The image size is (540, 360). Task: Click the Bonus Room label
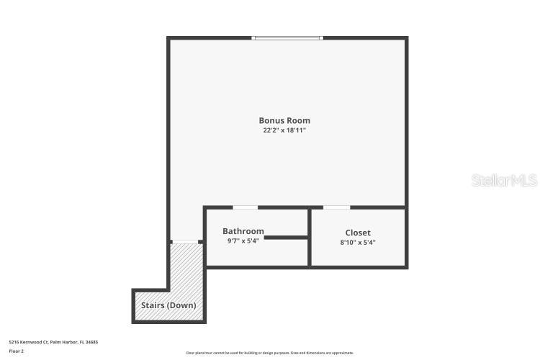[x=284, y=120]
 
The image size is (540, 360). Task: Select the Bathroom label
[x=243, y=231]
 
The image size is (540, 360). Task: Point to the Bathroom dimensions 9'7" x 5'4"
[x=243, y=241]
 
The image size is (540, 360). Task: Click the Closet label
[x=358, y=233]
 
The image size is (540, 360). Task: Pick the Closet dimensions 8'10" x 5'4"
[x=358, y=243]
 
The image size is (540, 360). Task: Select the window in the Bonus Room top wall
[x=287, y=37]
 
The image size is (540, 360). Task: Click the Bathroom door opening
[x=246, y=208]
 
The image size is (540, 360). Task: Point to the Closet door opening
[x=336, y=208]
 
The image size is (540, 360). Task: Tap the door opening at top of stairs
[x=186, y=242]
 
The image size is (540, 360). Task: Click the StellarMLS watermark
[x=504, y=180]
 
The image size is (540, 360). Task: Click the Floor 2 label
[x=17, y=351]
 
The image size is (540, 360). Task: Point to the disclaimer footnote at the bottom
[x=270, y=353]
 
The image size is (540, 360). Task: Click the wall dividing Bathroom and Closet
[x=310, y=238]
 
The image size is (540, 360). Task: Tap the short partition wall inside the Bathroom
[x=286, y=235]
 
